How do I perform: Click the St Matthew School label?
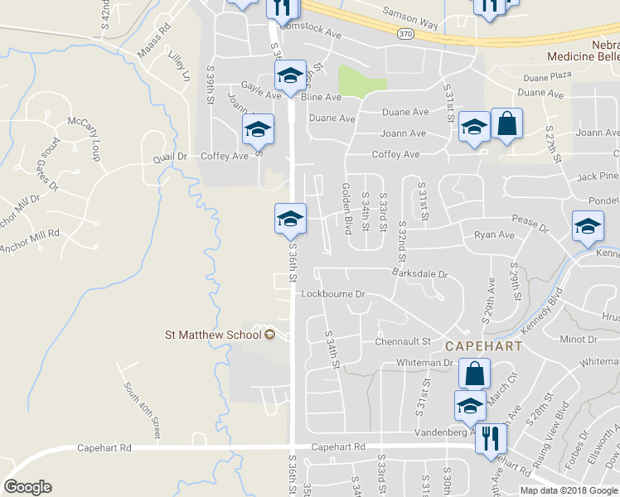tap(213, 335)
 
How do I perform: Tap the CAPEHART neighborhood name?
tap(483, 345)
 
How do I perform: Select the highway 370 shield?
tap(404, 34)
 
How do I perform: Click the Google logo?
tap(27, 487)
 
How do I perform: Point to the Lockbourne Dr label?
tap(333, 294)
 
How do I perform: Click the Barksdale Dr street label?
tap(419, 273)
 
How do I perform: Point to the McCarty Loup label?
tap(90, 133)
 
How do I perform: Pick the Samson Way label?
tap(409, 14)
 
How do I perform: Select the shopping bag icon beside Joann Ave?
tap(506, 124)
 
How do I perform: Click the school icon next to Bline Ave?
tap(290, 75)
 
